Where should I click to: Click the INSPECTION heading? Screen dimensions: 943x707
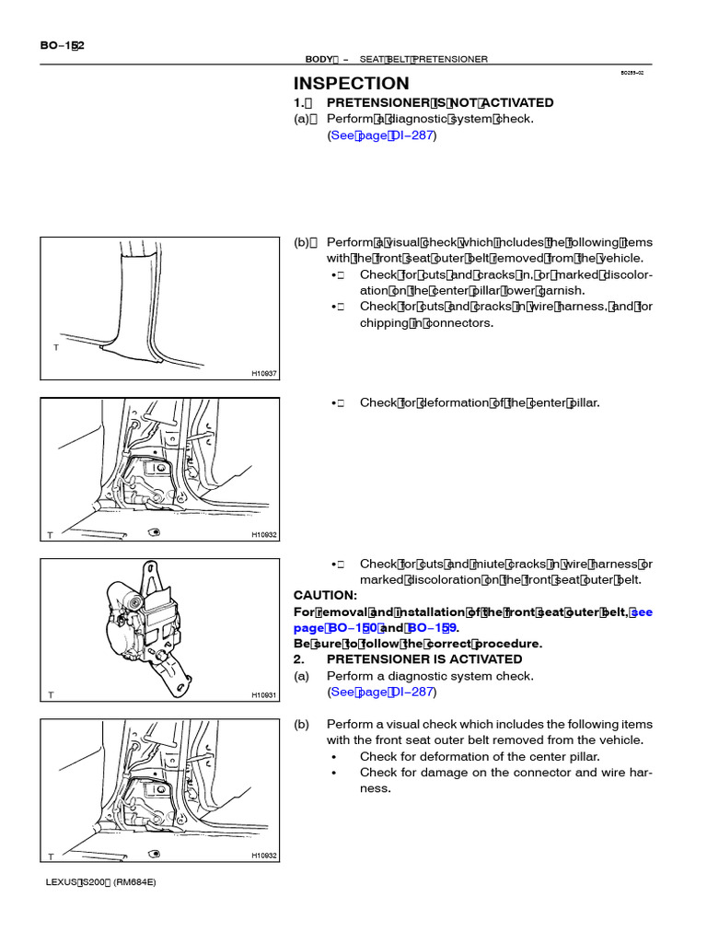351,83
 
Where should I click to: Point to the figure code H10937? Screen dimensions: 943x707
264,373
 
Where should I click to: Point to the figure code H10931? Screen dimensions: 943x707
264,694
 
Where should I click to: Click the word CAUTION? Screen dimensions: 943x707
325,595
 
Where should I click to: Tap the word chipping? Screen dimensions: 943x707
384,323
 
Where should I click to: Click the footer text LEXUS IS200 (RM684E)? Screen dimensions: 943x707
101,881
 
